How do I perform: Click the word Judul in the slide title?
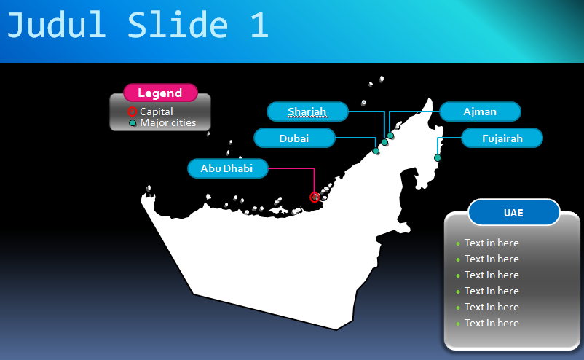(x=56, y=25)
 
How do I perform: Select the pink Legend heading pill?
(x=160, y=93)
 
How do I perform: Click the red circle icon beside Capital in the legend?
(x=132, y=111)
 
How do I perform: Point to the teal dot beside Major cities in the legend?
(x=133, y=122)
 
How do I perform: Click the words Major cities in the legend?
(x=167, y=122)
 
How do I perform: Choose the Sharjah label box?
(x=307, y=111)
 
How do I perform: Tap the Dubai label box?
(x=294, y=138)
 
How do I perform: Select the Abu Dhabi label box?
(x=228, y=168)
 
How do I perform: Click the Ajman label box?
(x=480, y=111)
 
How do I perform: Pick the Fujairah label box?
(x=502, y=138)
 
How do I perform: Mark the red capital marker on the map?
(x=315, y=197)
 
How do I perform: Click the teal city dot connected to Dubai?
(x=376, y=151)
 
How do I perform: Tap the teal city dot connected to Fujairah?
(x=438, y=158)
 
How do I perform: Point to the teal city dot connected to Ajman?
(x=390, y=136)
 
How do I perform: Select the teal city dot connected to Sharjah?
(x=384, y=142)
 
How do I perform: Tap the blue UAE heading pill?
(x=513, y=212)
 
